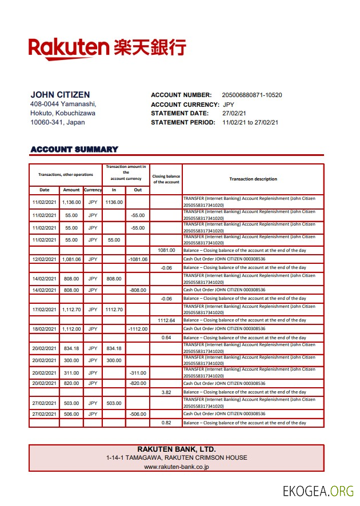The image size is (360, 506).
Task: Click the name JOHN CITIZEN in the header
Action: pos(60,95)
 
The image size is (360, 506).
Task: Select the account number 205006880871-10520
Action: pos(251,95)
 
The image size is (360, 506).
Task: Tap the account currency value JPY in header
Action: pos(229,105)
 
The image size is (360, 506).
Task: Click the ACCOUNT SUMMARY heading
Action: pos(74,150)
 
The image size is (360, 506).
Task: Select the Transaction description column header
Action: pos(253,179)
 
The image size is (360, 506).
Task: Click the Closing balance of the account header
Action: pos(166,179)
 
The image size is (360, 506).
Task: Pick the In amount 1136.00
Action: pos(114,202)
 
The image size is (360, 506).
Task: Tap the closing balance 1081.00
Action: pos(166,250)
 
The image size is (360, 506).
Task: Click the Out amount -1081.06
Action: pos(138,259)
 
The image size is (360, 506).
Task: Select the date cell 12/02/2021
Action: pos(44,259)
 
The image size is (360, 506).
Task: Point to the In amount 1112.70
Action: pos(114,310)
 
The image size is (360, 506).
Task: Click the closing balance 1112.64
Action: pos(166,320)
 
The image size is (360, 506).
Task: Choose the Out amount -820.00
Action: pos(138,383)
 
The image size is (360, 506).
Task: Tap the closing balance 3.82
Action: pos(166,392)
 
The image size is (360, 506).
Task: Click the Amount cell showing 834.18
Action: pos(71,348)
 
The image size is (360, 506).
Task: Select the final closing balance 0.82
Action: pos(166,423)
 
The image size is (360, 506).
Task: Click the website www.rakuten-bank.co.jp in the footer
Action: pos(177,467)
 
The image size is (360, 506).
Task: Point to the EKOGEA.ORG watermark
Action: pos(318,491)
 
